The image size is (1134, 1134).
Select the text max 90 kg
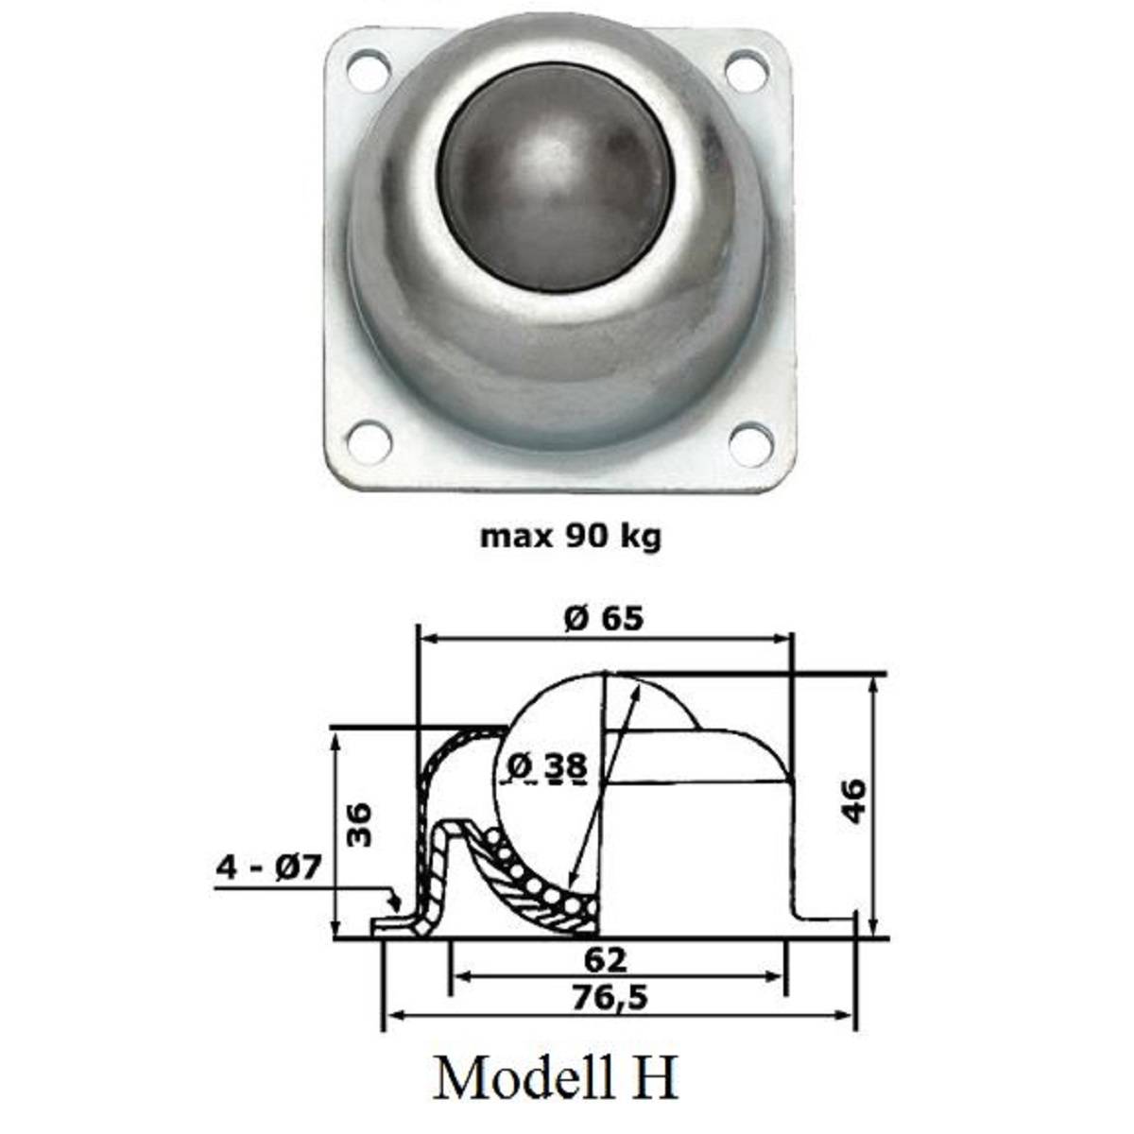pyautogui.click(x=571, y=537)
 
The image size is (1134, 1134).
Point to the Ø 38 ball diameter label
pyautogui.click(x=546, y=767)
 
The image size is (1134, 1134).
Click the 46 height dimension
pyautogui.click(x=853, y=801)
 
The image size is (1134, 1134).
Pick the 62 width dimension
pyautogui.click(x=605, y=960)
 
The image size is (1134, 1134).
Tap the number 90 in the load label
pyautogui.click(x=585, y=537)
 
